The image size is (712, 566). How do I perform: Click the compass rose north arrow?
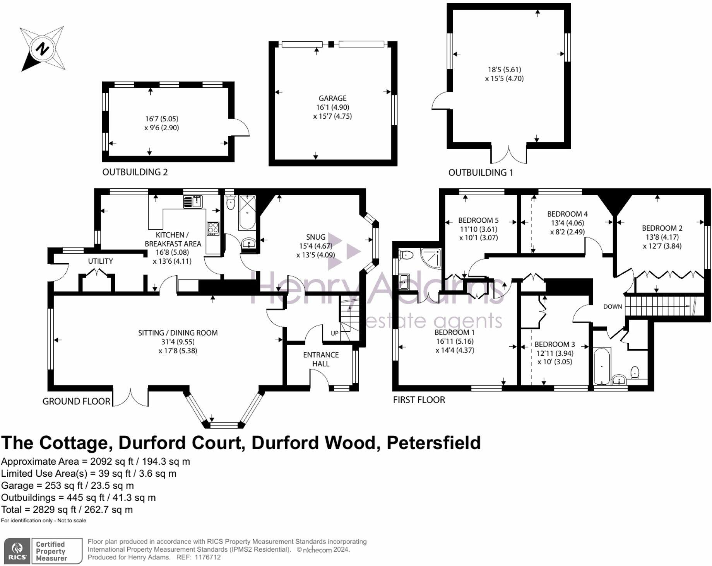(42, 49)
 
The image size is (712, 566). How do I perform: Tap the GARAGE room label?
(332, 99)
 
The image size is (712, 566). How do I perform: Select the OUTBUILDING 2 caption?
(135, 172)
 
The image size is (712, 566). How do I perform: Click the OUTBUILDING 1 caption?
(481, 172)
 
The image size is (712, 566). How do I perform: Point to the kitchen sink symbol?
(193, 201)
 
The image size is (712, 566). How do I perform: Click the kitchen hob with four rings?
(213, 228)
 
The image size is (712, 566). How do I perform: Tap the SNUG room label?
(315, 237)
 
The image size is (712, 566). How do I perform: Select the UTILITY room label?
(100, 261)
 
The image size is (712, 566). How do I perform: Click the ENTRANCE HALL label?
(321, 359)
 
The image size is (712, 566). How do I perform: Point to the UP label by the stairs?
(334, 333)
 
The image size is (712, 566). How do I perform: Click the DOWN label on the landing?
(613, 307)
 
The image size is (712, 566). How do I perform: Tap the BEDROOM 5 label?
(478, 220)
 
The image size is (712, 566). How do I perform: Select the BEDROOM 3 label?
(555, 344)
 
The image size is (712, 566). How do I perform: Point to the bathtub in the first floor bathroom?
(602, 365)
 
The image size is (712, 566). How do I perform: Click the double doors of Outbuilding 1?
(508, 155)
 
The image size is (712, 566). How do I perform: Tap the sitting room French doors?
(130, 396)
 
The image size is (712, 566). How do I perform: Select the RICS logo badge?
(17, 551)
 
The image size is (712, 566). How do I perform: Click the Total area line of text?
(67, 510)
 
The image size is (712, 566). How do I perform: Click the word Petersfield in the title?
(433, 443)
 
